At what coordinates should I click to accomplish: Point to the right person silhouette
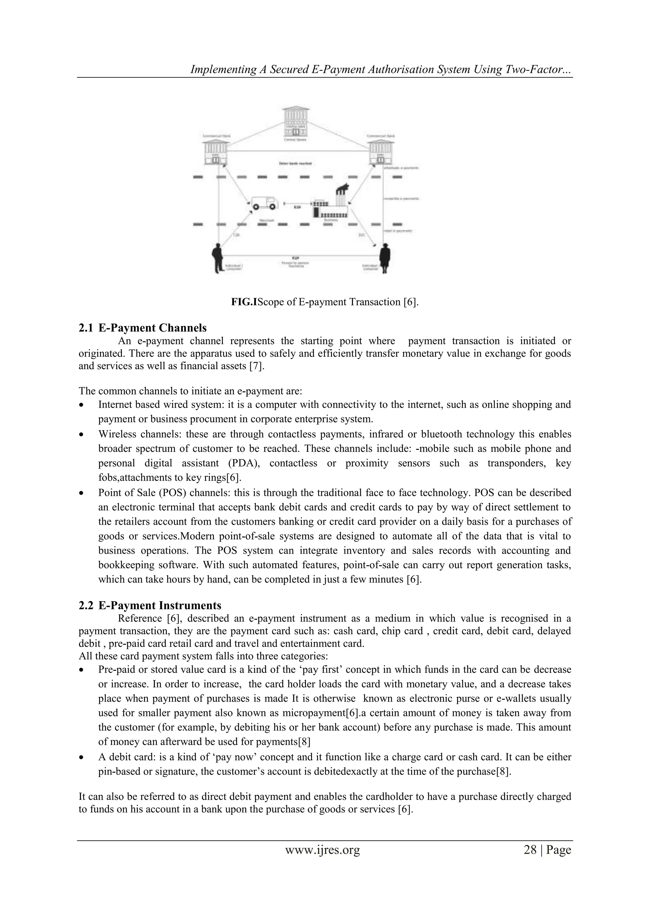[x=385, y=258]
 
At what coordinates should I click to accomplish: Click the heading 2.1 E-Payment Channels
[x=143, y=328]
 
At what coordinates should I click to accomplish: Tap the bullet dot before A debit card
[x=82, y=758]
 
